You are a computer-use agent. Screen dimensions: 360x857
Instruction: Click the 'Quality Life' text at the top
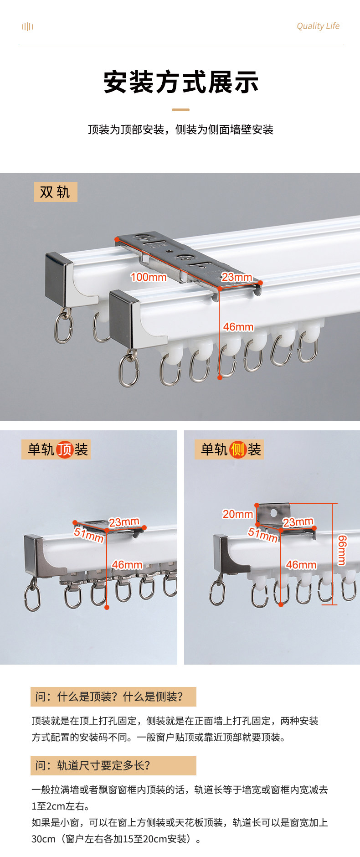[x=318, y=26]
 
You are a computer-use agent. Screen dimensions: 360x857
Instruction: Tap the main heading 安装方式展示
[x=181, y=82]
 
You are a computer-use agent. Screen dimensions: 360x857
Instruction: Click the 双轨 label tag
[x=55, y=192]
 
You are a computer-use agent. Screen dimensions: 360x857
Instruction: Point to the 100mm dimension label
[x=149, y=277]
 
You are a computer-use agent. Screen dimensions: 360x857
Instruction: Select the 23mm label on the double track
[x=237, y=277]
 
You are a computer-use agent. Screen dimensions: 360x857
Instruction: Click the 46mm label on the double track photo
[x=238, y=327]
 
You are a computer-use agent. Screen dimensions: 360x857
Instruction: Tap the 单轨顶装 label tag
[x=56, y=449]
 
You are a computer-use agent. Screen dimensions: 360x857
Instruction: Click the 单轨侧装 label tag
[x=229, y=449]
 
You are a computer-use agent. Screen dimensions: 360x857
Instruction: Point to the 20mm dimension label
[x=237, y=514]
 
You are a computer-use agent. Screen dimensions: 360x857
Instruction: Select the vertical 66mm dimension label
[x=342, y=550]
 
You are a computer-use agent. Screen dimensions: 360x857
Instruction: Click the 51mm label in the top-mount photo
[x=89, y=535]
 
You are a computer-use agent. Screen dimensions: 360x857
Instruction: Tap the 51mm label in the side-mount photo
[x=263, y=534]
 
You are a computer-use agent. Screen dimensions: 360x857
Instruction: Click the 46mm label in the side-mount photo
[x=301, y=565]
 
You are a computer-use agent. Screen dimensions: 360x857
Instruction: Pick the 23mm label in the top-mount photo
[x=124, y=522]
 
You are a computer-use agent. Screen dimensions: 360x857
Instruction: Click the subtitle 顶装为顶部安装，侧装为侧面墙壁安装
[x=180, y=129]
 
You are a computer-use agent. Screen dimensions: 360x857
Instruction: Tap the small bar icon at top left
[x=28, y=26]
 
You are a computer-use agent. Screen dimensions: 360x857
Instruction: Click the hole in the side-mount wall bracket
[x=273, y=513]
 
